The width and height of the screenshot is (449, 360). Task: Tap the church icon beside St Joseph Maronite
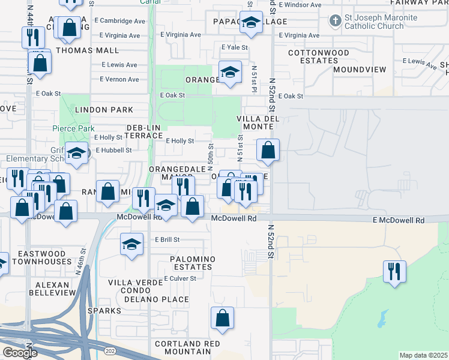[x=335, y=22]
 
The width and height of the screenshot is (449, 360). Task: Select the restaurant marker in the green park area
[x=394, y=271]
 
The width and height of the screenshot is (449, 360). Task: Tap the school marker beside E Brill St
[x=131, y=244]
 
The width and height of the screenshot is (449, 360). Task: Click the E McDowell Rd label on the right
[x=398, y=221]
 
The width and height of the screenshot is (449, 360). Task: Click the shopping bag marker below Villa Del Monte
[x=268, y=151]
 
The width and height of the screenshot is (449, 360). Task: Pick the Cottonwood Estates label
[x=318, y=57]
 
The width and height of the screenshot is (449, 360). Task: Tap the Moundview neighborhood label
[x=360, y=70]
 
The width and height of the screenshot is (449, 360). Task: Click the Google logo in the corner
[x=19, y=353]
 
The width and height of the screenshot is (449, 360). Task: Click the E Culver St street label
[x=180, y=278]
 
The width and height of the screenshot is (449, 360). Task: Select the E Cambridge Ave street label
[x=122, y=20]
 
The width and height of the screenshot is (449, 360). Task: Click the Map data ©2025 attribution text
[x=423, y=355]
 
